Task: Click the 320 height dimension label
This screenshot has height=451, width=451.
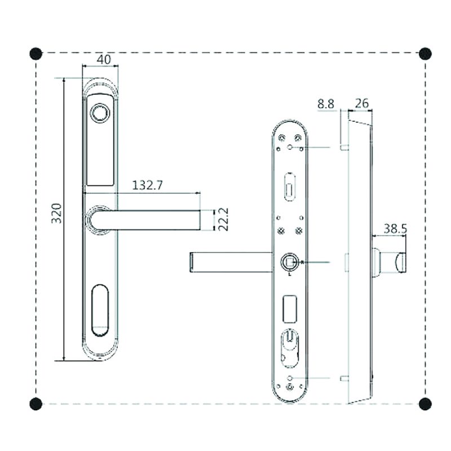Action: coord(57,213)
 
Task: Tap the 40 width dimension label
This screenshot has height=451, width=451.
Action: coord(104,60)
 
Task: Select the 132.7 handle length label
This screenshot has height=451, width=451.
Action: coord(147,185)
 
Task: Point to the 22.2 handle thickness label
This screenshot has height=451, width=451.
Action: coord(223,219)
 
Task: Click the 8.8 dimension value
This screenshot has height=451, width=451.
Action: coord(326,104)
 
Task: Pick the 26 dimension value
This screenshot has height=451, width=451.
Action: coord(361,104)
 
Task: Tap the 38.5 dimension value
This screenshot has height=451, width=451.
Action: coord(396,229)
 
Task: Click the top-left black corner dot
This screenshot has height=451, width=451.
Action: coord(36,54)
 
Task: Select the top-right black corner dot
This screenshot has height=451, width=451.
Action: coord(426,54)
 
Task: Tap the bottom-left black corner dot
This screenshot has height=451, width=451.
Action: coord(36,404)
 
